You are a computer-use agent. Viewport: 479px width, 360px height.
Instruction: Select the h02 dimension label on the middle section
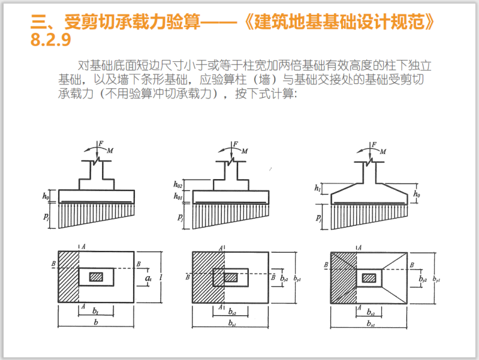point(178,185)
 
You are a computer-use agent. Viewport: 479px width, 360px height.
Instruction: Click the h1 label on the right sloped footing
point(317,188)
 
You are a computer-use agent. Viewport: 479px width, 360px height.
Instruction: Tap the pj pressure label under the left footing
point(45,216)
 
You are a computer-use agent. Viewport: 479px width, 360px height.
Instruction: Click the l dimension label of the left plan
point(162,277)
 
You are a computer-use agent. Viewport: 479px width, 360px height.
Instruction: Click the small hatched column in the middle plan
point(231,277)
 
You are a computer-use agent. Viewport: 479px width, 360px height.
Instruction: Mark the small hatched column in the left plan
point(96,277)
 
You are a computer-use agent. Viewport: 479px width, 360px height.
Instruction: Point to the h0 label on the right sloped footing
point(418,195)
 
